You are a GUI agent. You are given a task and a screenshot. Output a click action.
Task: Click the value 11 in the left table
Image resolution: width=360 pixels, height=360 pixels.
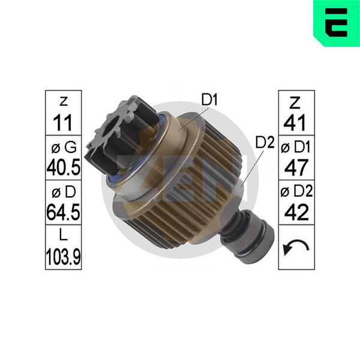click(x=62, y=123)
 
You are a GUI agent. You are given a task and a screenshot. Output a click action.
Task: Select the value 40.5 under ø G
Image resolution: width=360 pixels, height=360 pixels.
click(x=64, y=167)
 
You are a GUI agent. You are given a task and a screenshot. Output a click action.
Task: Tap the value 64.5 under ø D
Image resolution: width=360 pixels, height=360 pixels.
click(x=64, y=212)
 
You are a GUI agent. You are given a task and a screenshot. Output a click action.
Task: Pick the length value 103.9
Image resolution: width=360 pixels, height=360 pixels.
click(x=64, y=257)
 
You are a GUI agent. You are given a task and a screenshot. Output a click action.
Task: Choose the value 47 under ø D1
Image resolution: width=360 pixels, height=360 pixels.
click(x=296, y=167)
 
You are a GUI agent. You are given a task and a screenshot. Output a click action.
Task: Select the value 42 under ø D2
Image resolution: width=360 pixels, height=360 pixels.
click(x=296, y=212)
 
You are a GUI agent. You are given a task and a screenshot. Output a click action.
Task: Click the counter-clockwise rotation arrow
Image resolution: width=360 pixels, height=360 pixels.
click(x=296, y=247)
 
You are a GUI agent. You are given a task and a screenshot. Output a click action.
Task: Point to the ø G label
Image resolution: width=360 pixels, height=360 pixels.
click(x=64, y=147)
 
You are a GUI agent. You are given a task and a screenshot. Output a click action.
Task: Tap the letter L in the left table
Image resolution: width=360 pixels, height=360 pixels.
click(x=64, y=235)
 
